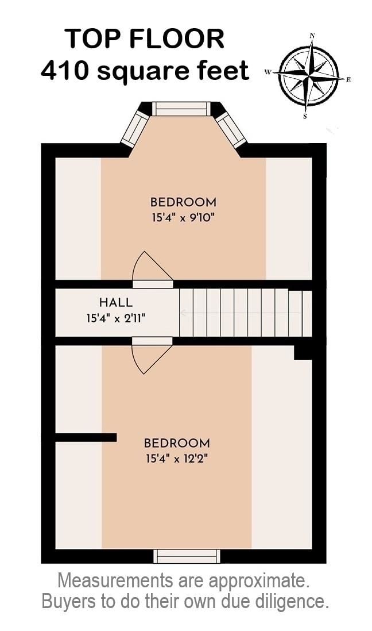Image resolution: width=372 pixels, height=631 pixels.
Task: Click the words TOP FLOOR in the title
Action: click(144, 39)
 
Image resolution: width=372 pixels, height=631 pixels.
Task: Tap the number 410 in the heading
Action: click(64, 71)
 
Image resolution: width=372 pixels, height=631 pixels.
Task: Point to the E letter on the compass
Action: click(348, 80)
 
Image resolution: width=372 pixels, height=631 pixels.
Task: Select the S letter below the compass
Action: click(305, 117)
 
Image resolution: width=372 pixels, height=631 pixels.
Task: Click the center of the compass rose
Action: click(309, 76)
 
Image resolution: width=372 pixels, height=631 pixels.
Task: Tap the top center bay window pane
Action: click(181, 109)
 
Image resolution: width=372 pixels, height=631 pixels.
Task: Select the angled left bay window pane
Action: click(135, 128)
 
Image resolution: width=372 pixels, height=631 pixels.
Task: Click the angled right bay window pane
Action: click(231, 129)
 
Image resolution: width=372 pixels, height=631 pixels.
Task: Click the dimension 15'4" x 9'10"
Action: click(183, 218)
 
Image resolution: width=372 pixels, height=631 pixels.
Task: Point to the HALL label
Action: click(116, 302)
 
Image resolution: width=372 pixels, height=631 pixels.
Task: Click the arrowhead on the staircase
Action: click(183, 313)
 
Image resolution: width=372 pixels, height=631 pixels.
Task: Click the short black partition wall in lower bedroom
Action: click(86, 437)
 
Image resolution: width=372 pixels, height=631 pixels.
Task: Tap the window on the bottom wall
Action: click(187, 556)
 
